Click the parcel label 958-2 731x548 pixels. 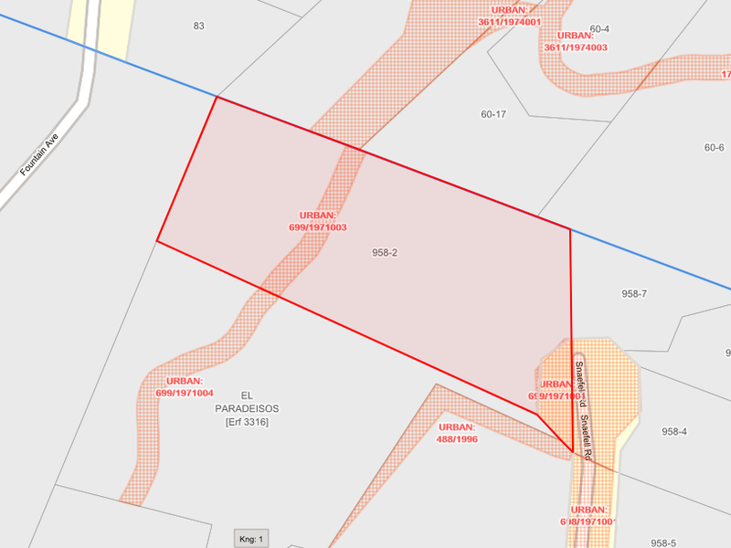[x=385, y=252]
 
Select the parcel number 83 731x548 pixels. [x=198, y=26]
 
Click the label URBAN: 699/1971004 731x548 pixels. [x=185, y=386]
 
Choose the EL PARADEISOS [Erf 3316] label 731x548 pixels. [x=247, y=408]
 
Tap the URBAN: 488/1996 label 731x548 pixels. [x=457, y=433]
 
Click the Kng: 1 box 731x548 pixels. [x=250, y=539]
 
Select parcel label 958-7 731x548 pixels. [x=634, y=293]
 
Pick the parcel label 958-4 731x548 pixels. [x=673, y=431]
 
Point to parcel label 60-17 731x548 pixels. [x=493, y=114]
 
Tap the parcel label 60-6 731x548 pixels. [x=714, y=148]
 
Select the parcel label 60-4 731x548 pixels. [x=599, y=29]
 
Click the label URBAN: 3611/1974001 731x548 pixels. [x=509, y=16]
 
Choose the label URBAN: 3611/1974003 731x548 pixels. [x=575, y=41]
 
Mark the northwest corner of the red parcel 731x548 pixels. [x=217, y=97]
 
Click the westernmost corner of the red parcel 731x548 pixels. [x=157, y=241]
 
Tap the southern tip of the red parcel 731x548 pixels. [x=573, y=452]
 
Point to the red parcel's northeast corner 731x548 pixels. [x=570, y=228]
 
